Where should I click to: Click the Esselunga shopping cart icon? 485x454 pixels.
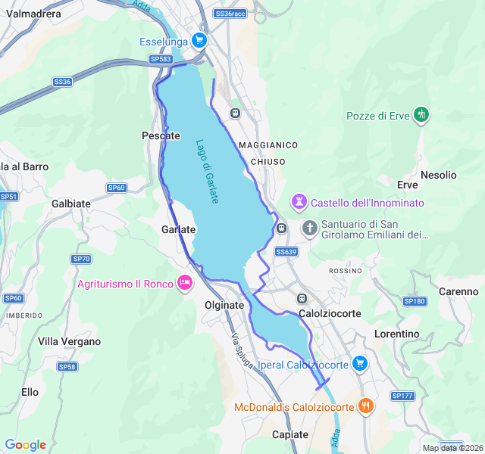[x=199, y=41]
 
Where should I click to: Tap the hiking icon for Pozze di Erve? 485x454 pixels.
[x=421, y=115]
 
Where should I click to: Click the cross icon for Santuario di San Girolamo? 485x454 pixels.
[x=309, y=228]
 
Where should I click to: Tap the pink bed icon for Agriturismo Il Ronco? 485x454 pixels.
[x=183, y=284]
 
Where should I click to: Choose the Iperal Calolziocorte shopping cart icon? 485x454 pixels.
[x=359, y=364]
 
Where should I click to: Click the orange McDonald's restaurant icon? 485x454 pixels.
[x=366, y=406]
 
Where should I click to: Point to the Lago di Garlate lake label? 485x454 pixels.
[x=207, y=171]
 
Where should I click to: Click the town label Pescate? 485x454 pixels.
[x=161, y=135]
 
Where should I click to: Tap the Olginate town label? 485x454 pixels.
[x=224, y=305]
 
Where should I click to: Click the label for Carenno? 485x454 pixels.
[x=458, y=291]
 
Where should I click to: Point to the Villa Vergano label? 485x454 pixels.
[x=70, y=341]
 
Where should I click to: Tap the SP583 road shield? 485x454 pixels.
[x=160, y=58]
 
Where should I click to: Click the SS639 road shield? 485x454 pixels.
[x=286, y=251]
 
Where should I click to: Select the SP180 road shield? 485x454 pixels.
[x=415, y=301]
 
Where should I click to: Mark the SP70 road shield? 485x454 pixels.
[x=81, y=259]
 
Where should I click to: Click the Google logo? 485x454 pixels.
[x=25, y=445]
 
